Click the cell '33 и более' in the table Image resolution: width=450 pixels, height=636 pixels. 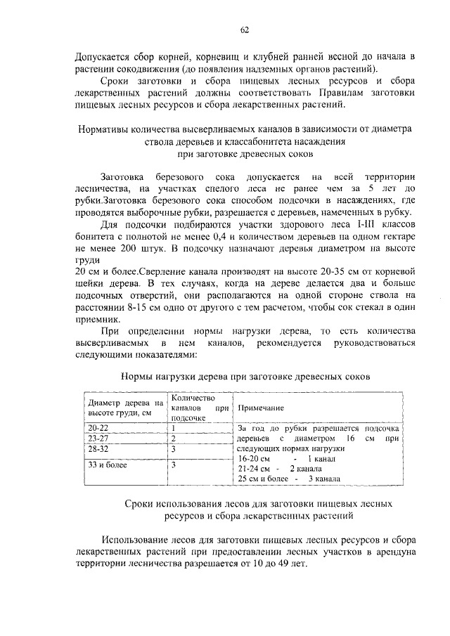click(103, 465)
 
